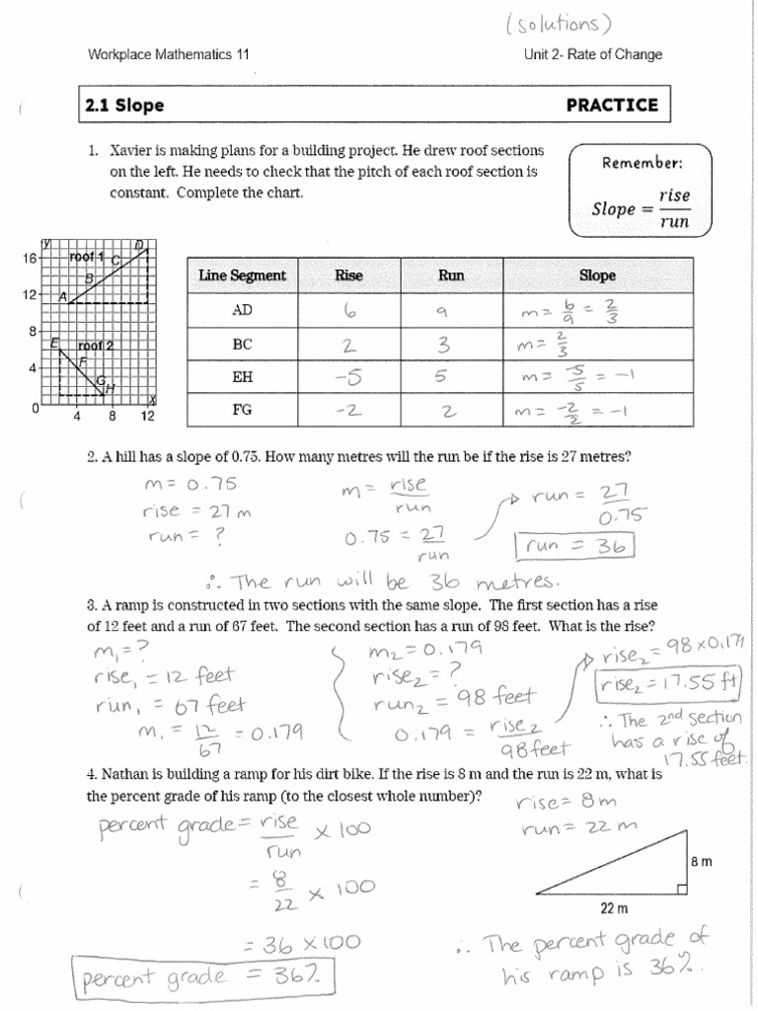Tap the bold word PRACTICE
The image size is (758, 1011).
coord(611,105)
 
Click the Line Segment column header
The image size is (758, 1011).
coord(242,275)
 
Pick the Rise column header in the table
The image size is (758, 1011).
coord(349,275)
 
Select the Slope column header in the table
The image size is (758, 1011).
coord(597,275)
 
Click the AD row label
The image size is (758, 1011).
coord(242,309)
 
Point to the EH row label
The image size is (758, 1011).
coord(242,376)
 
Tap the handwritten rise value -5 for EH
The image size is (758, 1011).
coord(348,376)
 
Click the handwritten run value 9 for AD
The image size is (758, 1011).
coord(442,310)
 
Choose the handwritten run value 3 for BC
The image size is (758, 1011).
coord(444,344)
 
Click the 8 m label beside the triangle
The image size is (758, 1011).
coord(701,861)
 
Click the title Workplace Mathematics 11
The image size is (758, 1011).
coord(169,55)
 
